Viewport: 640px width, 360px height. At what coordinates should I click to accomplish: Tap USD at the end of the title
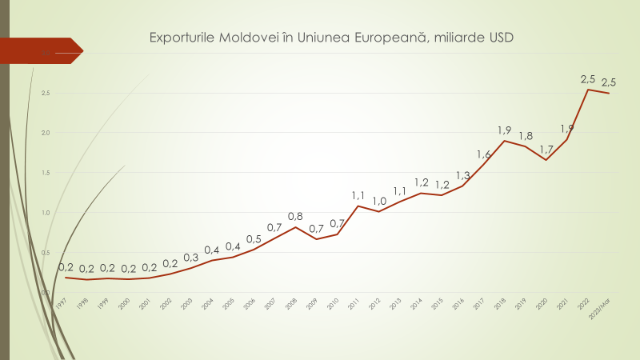click(495, 38)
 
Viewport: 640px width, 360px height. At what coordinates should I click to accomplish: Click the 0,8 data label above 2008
click(295, 216)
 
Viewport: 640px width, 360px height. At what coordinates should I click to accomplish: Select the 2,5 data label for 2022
click(588, 78)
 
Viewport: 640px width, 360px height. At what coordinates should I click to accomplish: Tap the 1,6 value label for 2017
click(484, 154)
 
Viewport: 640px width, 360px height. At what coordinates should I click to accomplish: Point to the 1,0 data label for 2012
click(379, 201)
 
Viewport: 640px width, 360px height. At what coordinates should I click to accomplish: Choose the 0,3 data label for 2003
click(191, 258)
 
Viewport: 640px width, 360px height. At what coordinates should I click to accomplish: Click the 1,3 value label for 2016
click(463, 175)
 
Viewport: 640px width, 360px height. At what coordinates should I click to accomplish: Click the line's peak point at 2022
click(588, 90)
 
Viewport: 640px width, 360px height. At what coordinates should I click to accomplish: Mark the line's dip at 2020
click(546, 160)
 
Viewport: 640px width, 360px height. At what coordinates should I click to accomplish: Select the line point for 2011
click(358, 206)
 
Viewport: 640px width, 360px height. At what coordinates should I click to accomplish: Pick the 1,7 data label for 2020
click(546, 149)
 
